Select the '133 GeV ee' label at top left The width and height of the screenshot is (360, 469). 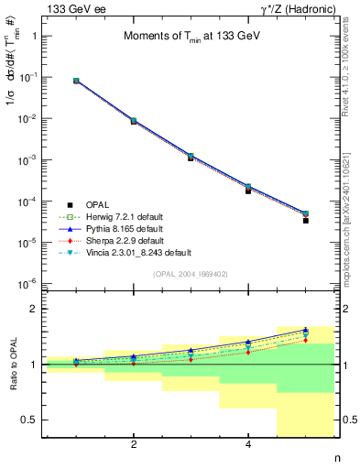(x=75, y=8)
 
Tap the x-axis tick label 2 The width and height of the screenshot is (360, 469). (x=134, y=445)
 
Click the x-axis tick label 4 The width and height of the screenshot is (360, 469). (x=248, y=445)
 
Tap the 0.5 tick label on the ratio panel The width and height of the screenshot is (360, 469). (x=30, y=420)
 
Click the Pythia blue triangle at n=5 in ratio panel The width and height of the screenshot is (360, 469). (x=305, y=330)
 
